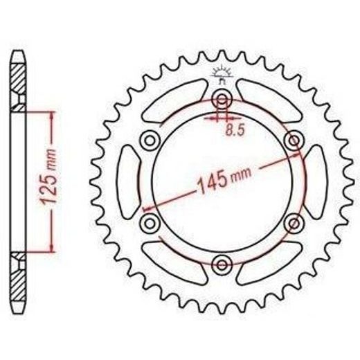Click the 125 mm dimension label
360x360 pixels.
[49, 177]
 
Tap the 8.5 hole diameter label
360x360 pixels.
[235, 131]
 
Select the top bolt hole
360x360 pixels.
[222, 100]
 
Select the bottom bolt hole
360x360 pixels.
[222, 264]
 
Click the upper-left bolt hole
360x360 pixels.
[150, 141]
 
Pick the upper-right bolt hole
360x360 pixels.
[294, 140]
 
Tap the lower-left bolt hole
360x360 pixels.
[150, 223]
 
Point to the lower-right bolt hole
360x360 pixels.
[294, 223]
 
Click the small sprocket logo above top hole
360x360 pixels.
[222, 74]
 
